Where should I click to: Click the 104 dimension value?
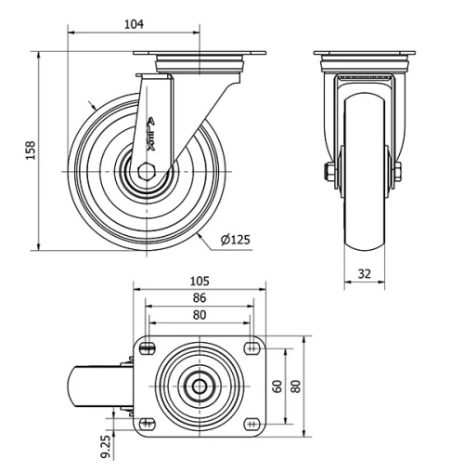click(x=134, y=24)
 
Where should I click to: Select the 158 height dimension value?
click(x=31, y=151)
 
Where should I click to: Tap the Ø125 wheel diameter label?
click(x=236, y=240)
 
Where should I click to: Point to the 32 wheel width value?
click(x=365, y=274)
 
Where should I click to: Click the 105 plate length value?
click(x=200, y=281)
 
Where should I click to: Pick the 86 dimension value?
click(x=200, y=297)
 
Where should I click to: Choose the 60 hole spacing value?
click(x=278, y=387)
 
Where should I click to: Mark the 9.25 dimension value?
click(x=105, y=446)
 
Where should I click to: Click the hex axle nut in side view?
click(x=146, y=171)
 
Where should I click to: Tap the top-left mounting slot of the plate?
click(x=148, y=348)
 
